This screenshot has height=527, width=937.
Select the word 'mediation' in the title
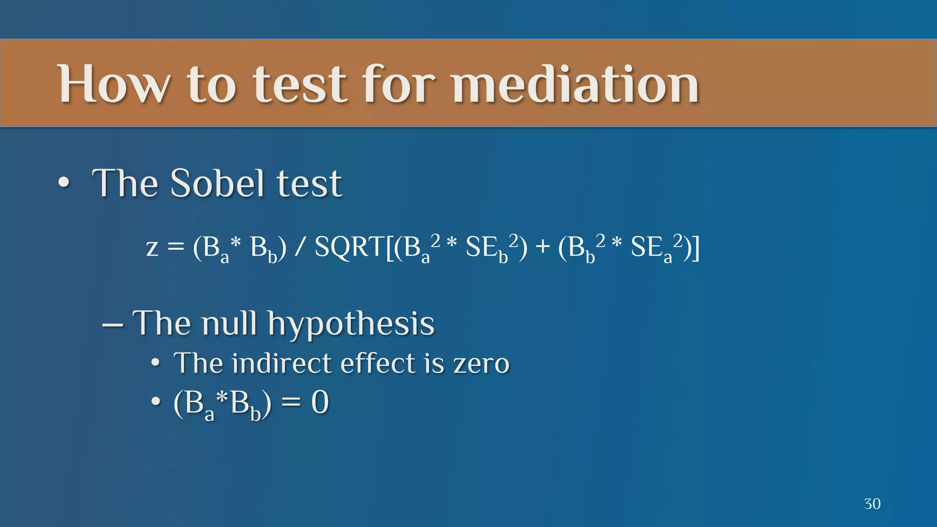pyautogui.click(x=576, y=85)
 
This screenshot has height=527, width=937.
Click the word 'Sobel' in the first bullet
pyautogui.click(x=218, y=183)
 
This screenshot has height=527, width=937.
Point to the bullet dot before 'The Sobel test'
pyautogui.click(x=64, y=183)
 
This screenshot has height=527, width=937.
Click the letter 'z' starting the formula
pyautogui.click(x=152, y=248)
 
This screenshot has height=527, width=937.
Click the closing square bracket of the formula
pyautogui.click(x=695, y=248)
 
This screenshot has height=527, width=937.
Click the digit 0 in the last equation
pyautogui.click(x=320, y=403)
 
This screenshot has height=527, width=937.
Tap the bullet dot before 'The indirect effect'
pyautogui.click(x=156, y=364)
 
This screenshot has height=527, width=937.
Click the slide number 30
pyautogui.click(x=872, y=504)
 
